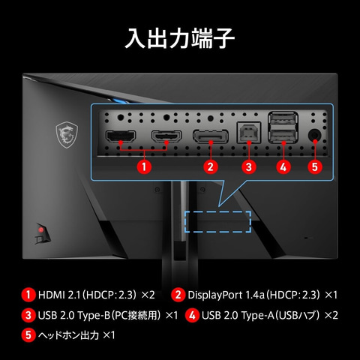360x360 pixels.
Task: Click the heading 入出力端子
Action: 180,38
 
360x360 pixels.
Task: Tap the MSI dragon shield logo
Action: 67,134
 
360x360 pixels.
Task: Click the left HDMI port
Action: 121,136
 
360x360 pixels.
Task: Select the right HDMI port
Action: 166,136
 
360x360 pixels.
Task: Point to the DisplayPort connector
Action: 211,136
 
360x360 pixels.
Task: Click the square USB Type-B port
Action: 249,133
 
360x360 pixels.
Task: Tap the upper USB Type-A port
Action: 283,118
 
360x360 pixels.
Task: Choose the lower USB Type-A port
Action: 283,136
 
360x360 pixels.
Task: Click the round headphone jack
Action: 315,136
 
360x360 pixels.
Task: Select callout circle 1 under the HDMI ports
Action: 144,166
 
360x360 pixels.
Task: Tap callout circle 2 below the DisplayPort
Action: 211,166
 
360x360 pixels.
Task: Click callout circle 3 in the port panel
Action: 249,166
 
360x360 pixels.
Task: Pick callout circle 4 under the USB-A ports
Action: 283,166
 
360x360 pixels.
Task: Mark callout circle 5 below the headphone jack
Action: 315,166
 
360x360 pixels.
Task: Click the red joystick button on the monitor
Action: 40,229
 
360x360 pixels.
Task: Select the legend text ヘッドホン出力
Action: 68,335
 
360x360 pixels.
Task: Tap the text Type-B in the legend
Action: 94,316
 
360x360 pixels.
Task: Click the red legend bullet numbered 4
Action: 192,315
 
